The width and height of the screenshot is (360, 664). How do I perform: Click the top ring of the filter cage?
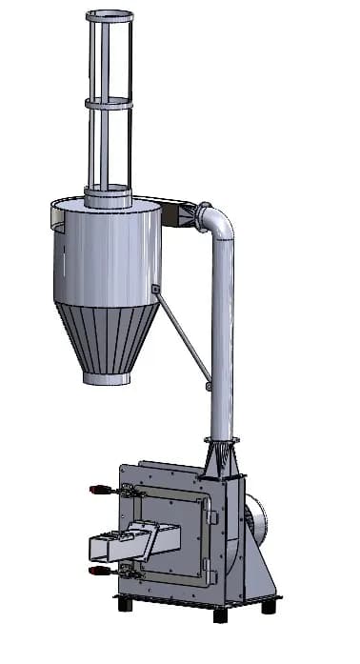click(x=110, y=16)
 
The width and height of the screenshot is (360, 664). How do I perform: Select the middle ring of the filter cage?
click(x=110, y=103)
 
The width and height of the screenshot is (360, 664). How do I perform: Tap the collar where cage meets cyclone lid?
click(x=109, y=198)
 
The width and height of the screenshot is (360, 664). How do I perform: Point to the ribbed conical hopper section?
click(x=106, y=338)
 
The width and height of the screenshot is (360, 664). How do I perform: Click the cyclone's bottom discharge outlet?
click(x=106, y=378)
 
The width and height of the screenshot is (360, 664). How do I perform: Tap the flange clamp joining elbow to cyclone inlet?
click(x=201, y=217)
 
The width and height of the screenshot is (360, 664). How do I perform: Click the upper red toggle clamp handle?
click(x=98, y=490)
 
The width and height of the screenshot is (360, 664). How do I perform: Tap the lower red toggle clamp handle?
click(x=98, y=572)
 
